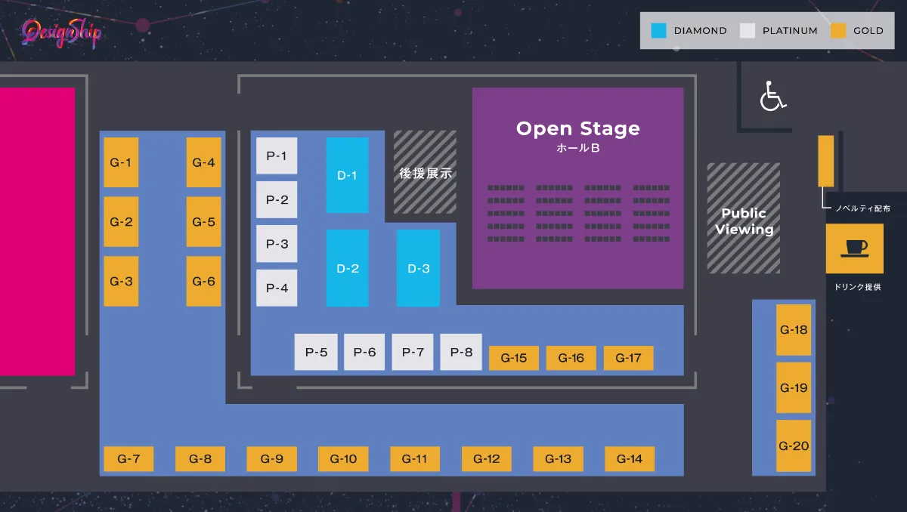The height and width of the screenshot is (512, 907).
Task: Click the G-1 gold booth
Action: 121,162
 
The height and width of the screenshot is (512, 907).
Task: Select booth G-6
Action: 204,281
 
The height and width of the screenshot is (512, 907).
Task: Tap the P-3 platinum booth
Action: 277,244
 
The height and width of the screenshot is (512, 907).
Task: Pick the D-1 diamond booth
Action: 348,175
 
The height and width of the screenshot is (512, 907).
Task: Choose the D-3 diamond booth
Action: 418,268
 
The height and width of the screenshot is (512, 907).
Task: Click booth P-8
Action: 461,352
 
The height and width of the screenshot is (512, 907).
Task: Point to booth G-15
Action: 514,358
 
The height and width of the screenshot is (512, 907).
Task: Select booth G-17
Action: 628,358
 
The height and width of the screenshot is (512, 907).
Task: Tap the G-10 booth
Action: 343,458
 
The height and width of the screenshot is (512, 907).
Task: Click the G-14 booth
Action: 630,458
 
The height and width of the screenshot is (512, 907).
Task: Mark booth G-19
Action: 794,387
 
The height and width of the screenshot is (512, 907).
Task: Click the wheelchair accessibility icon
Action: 772,97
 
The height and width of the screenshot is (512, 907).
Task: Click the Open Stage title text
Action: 577,128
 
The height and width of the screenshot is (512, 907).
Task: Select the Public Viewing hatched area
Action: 744,218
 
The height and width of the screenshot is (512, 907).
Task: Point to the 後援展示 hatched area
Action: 425,172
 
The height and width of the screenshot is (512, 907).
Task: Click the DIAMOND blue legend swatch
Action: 659,31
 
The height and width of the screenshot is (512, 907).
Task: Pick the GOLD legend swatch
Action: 837,31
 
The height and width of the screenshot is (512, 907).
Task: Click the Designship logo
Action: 61,33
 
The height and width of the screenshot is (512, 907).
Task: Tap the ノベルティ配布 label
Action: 862,208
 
